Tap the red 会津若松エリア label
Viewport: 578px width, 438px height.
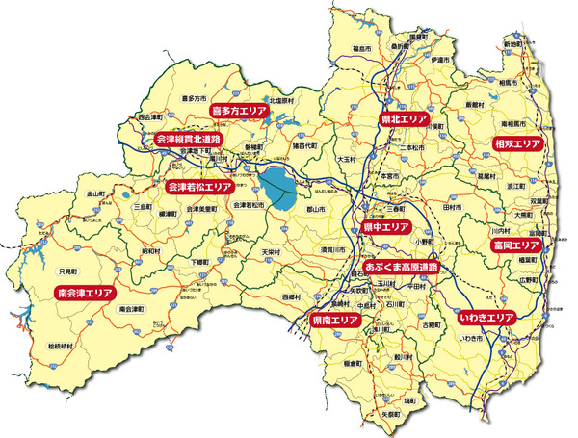click(x=199, y=186)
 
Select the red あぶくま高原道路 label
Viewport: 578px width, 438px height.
click(x=401, y=265)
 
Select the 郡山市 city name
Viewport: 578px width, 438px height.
click(x=317, y=209)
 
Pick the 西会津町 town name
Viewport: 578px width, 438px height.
click(x=151, y=117)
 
